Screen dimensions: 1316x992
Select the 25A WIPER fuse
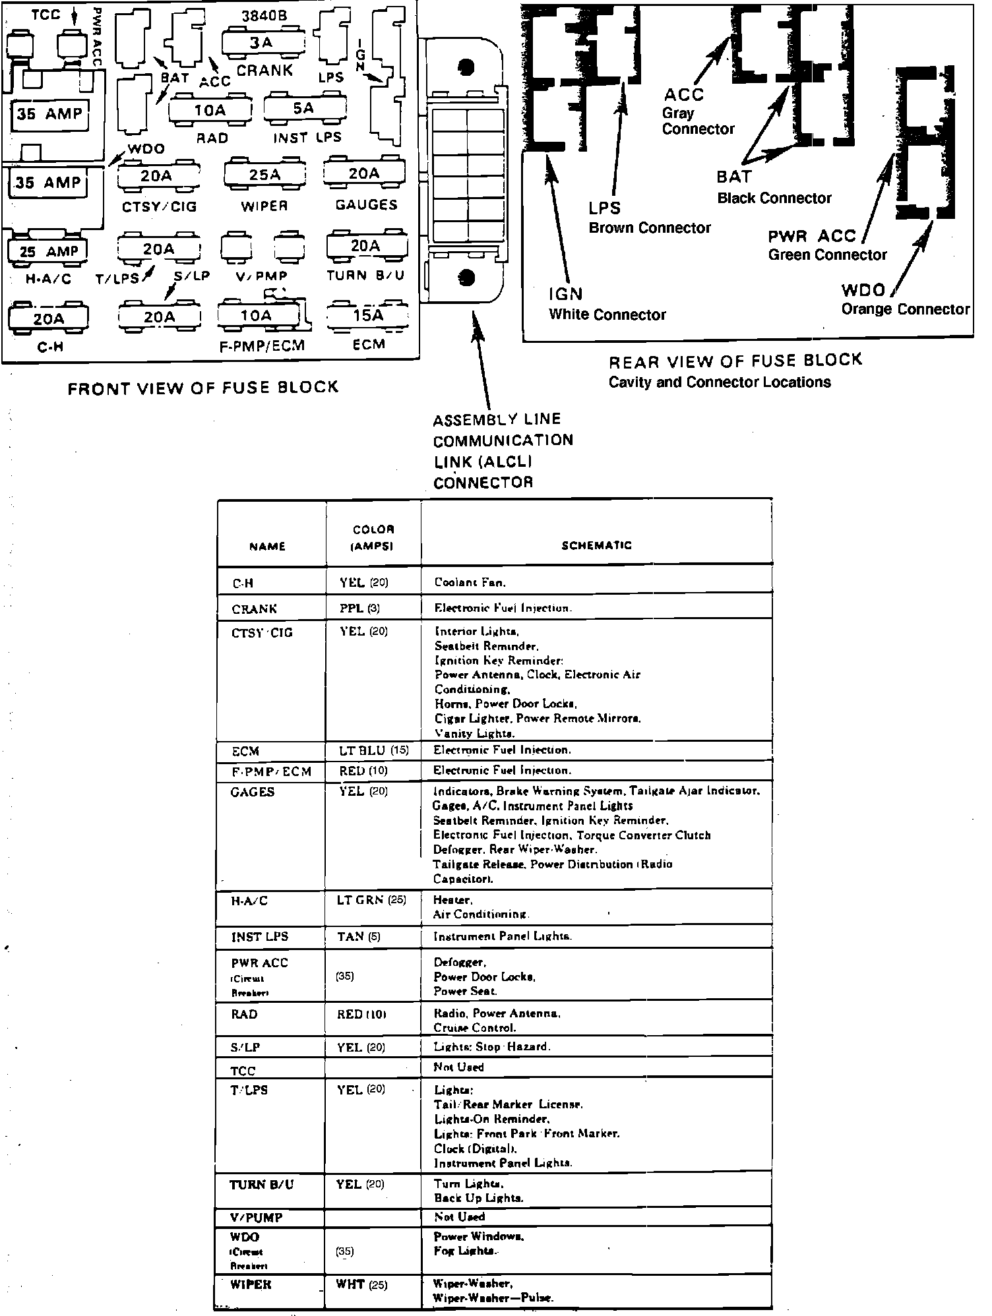264,175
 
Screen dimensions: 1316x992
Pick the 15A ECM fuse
367,316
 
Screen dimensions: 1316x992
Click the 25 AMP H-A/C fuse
49,251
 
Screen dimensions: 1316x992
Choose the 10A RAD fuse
210,110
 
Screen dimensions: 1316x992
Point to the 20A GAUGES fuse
363,174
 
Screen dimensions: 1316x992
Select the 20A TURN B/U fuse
365,247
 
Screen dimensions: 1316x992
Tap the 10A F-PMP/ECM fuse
255,316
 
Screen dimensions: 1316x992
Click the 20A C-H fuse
49,319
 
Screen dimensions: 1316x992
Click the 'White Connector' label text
607,315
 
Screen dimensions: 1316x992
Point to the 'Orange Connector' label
905,309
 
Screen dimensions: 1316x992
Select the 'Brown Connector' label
650,228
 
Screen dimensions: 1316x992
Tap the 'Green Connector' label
827,255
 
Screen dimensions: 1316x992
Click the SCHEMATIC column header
596,545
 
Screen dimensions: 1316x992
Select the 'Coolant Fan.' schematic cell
470,583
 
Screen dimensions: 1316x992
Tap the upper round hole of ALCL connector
466,67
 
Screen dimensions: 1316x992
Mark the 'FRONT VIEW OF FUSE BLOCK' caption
203,388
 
